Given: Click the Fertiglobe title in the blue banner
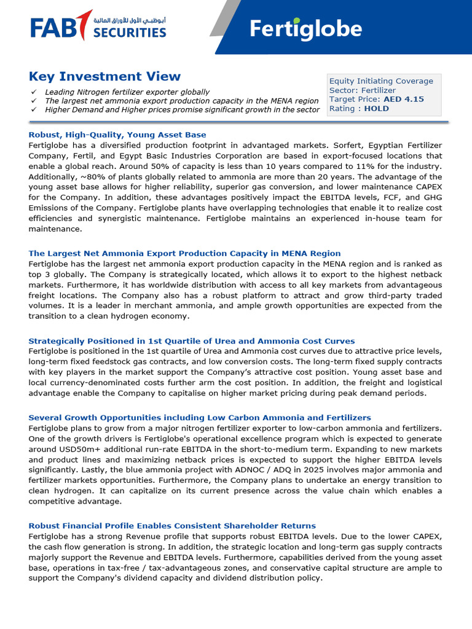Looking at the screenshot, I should click(305, 29).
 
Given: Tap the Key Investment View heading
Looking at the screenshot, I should click(104, 77).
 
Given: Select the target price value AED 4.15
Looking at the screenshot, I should click(403, 100).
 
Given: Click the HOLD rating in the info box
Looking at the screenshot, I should click(377, 109).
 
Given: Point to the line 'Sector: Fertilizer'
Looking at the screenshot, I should click(363, 90).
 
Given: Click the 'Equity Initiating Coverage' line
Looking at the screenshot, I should click(381, 81).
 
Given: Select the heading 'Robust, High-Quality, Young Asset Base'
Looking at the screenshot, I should click(117, 135).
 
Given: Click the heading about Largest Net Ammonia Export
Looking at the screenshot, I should click(184, 253).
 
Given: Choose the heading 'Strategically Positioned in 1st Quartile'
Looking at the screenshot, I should click(191, 341).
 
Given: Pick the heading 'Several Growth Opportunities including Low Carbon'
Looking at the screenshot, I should click(200, 418).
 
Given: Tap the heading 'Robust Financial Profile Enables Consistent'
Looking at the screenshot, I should click(172, 526).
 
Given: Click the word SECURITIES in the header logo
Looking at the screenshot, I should click(130, 32).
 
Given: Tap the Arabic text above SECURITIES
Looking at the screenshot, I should click(130, 20).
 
